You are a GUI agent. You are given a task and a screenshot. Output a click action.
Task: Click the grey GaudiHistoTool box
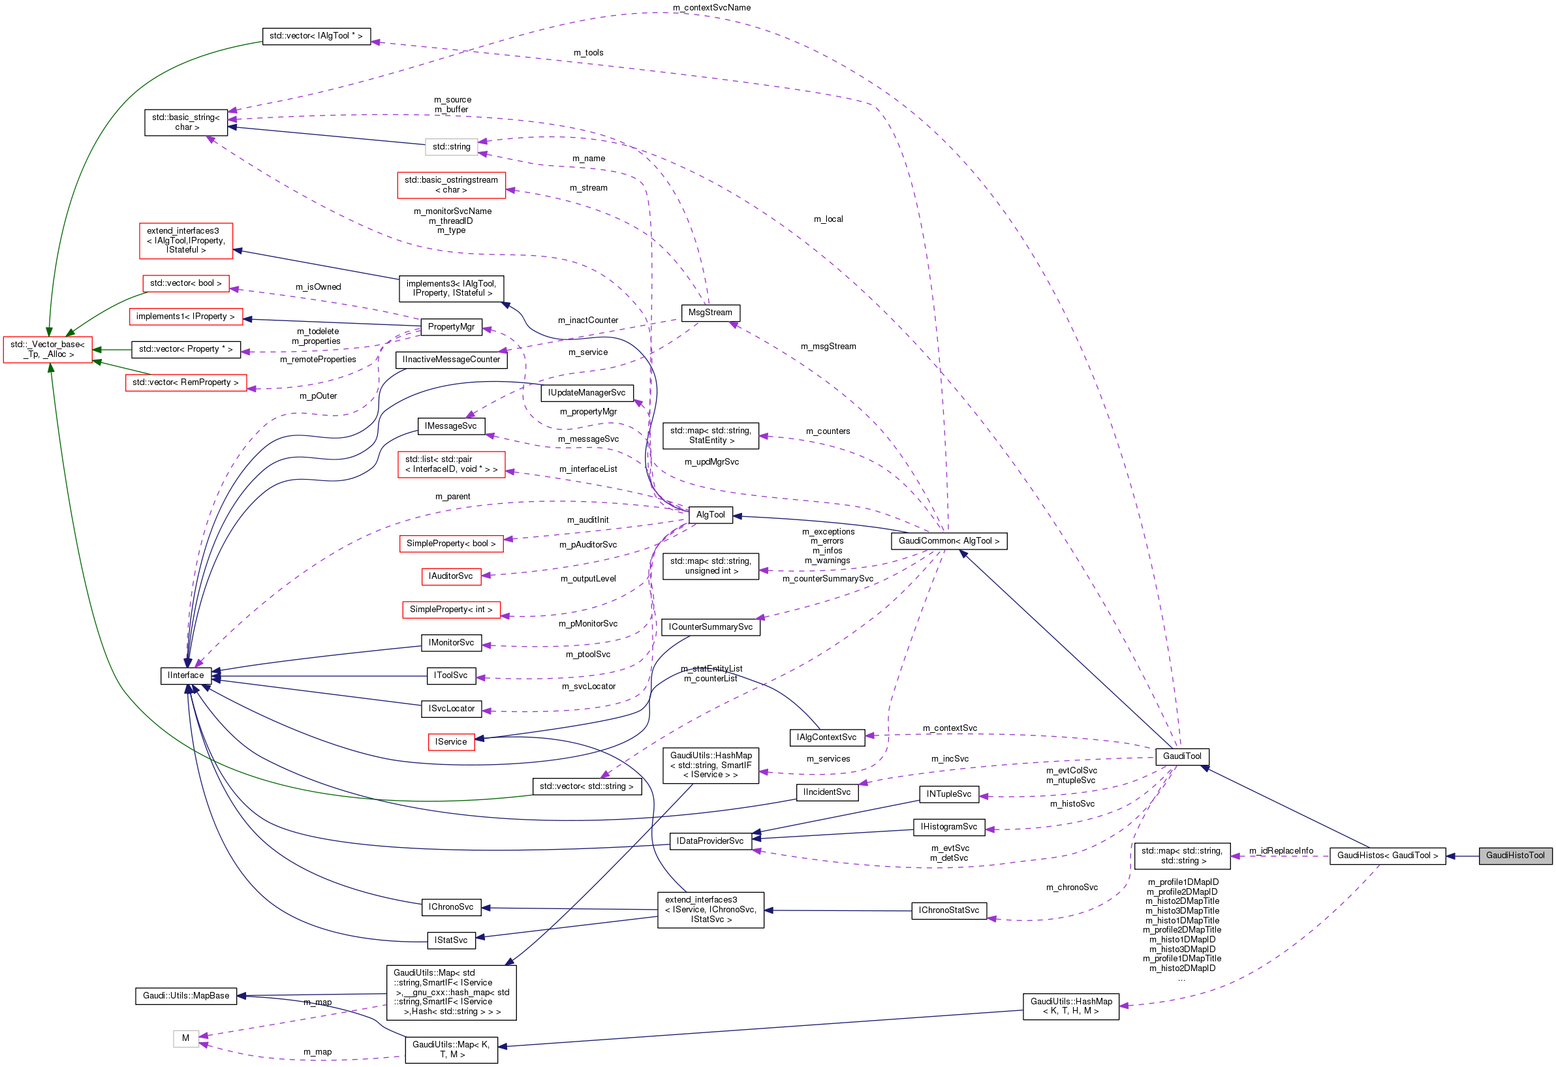click(1514, 855)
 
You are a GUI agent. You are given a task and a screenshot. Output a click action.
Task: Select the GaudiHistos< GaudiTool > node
click(1386, 855)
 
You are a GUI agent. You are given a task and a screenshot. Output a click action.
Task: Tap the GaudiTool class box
click(1181, 756)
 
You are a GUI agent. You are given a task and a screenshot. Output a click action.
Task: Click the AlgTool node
click(709, 514)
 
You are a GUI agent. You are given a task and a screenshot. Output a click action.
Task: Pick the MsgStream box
click(709, 312)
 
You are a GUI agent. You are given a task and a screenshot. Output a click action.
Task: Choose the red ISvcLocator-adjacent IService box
click(450, 741)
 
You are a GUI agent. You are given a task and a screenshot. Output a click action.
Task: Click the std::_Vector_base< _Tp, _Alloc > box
click(48, 348)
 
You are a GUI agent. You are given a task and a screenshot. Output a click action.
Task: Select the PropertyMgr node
click(450, 326)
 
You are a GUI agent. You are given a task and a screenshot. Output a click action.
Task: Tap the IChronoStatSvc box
click(948, 910)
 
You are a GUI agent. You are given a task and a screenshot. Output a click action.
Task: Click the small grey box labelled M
click(185, 1038)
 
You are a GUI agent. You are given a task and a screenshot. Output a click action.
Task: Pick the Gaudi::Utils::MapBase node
click(185, 995)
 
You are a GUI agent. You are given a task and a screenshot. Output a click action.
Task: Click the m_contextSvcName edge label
click(711, 7)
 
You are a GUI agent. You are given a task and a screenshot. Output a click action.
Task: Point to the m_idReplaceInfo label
click(1280, 850)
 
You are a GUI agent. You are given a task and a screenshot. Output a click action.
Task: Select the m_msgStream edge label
click(828, 346)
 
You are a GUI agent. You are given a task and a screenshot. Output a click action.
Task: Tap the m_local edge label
click(828, 219)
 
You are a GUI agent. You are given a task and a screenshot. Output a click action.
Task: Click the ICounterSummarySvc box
click(709, 626)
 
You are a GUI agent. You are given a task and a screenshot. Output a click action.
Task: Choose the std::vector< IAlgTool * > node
click(315, 35)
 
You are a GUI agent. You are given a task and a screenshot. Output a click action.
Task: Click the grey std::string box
click(450, 146)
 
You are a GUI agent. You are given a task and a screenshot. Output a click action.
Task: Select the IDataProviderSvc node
click(709, 840)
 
